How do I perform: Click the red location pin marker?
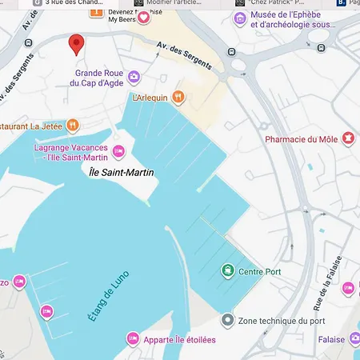(77, 44)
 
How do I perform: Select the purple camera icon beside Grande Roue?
(134, 78)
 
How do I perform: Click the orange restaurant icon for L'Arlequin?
(178, 97)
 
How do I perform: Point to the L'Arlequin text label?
(149, 98)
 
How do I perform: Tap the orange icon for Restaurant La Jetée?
(73, 125)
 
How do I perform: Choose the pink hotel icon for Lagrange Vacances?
(118, 151)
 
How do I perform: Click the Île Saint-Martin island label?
(121, 172)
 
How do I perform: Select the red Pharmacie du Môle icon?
(348, 139)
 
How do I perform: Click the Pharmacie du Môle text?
(301, 139)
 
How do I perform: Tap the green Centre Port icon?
(228, 271)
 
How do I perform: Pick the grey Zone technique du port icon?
(228, 320)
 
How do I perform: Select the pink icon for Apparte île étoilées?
(133, 340)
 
